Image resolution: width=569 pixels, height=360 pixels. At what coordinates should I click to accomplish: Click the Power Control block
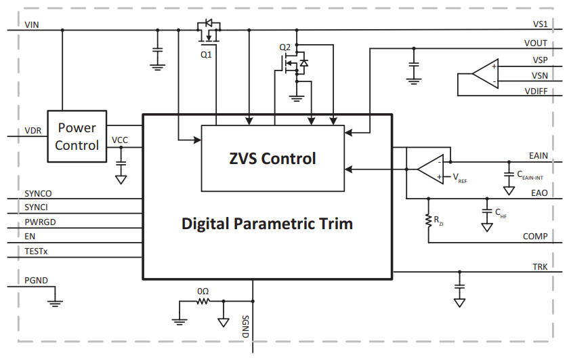pos(77,136)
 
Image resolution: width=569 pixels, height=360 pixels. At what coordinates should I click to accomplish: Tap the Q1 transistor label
pos(206,55)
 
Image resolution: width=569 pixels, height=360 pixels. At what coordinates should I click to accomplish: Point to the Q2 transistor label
pos(284,47)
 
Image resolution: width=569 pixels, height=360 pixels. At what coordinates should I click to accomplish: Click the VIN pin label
pos(32,24)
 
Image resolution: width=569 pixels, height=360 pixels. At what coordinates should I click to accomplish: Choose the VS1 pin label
pos(540,24)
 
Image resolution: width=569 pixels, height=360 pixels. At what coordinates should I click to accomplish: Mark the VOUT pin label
pos(536,43)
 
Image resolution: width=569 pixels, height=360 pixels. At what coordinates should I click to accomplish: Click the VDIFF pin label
pos(536,92)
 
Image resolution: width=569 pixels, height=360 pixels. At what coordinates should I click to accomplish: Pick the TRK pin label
pos(541,267)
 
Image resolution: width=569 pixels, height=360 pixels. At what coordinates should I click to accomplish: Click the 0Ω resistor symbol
pos(203,301)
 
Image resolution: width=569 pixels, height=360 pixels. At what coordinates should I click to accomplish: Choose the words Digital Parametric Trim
pos(267,224)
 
